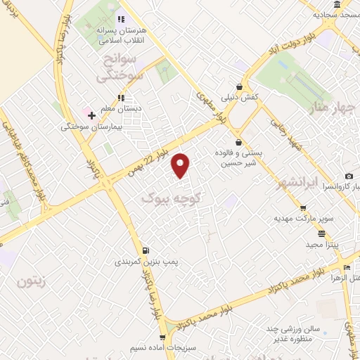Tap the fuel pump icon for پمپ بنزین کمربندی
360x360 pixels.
point(145,250)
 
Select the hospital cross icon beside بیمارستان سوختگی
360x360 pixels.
point(91,115)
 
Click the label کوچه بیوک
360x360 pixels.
point(172,198)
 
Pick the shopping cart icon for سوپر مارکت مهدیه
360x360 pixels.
point(303,208)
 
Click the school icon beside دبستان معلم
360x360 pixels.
point(122,98)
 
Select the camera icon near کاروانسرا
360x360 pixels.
point(349,176)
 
